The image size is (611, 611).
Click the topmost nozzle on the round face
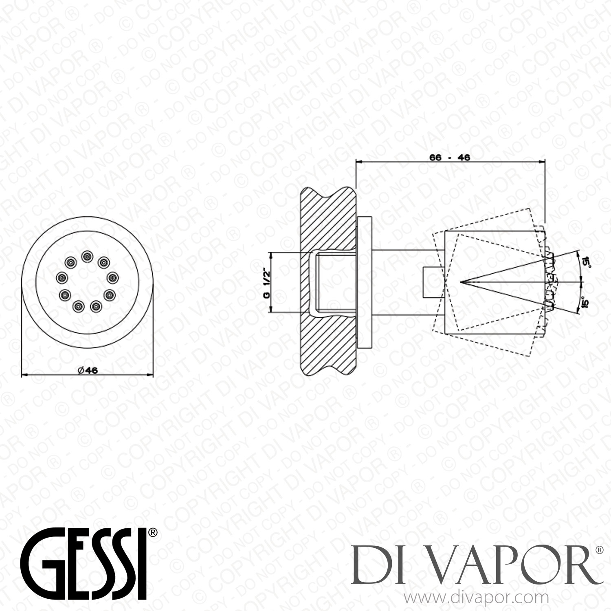pos(87,256)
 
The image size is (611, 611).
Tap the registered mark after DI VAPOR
pos(599,550)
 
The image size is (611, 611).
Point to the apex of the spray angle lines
pos(461,282)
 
